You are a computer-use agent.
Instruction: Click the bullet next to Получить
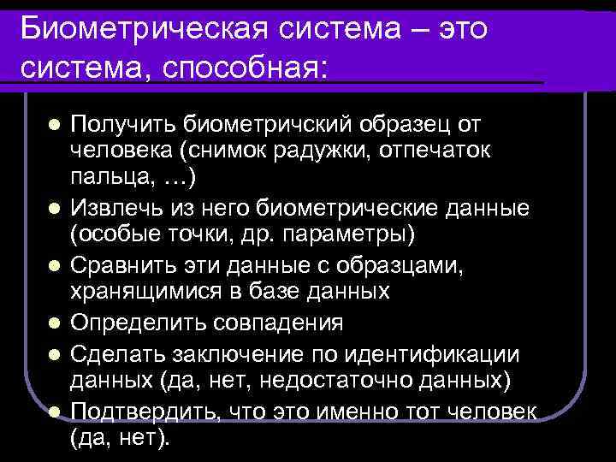pyautogui.click(x=53, y=125)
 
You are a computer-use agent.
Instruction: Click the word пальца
pyautogui.click(x=108, y=177)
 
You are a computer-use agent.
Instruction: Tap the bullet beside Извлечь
pyautogui.click(x=53, y=208)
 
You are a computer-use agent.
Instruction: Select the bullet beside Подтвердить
pyautogui.click(x=53, y=412)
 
